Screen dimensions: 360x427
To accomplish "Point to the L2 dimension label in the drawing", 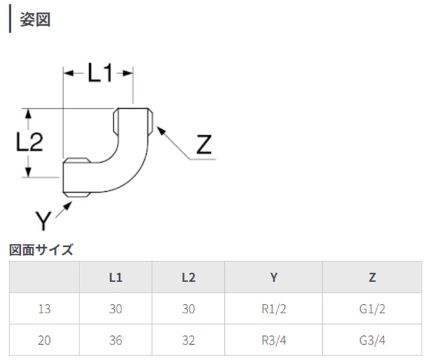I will click(x=29, y=142).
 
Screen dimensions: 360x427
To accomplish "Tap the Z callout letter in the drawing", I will click(x=204, y=145).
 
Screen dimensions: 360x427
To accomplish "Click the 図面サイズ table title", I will click(x=41, y=251).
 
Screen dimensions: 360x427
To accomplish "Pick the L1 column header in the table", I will click(x=115, y=277).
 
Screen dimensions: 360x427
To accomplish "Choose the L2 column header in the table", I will click(x=188, y=277).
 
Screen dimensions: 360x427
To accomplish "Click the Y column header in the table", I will click(x=274, y=277).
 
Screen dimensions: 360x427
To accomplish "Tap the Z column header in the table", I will click(x=372, y=277).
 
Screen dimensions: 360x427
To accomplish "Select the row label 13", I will click(x=44, y=309).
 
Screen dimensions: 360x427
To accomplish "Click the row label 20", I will click(x=44, y=340).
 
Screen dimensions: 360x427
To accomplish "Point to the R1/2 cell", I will click(x=274, y=309).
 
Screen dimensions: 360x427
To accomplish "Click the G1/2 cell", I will click(x=372, y=309).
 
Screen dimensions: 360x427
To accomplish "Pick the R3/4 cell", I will click(x=274, y=340).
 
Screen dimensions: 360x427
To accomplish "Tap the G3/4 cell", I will click(x=372, y=340).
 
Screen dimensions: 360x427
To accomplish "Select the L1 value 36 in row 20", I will click(x=115, y=340).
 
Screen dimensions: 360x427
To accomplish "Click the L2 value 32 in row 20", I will click(x=188, y=340).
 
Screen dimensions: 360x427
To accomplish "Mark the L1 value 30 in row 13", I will click(x=115, y=309).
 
